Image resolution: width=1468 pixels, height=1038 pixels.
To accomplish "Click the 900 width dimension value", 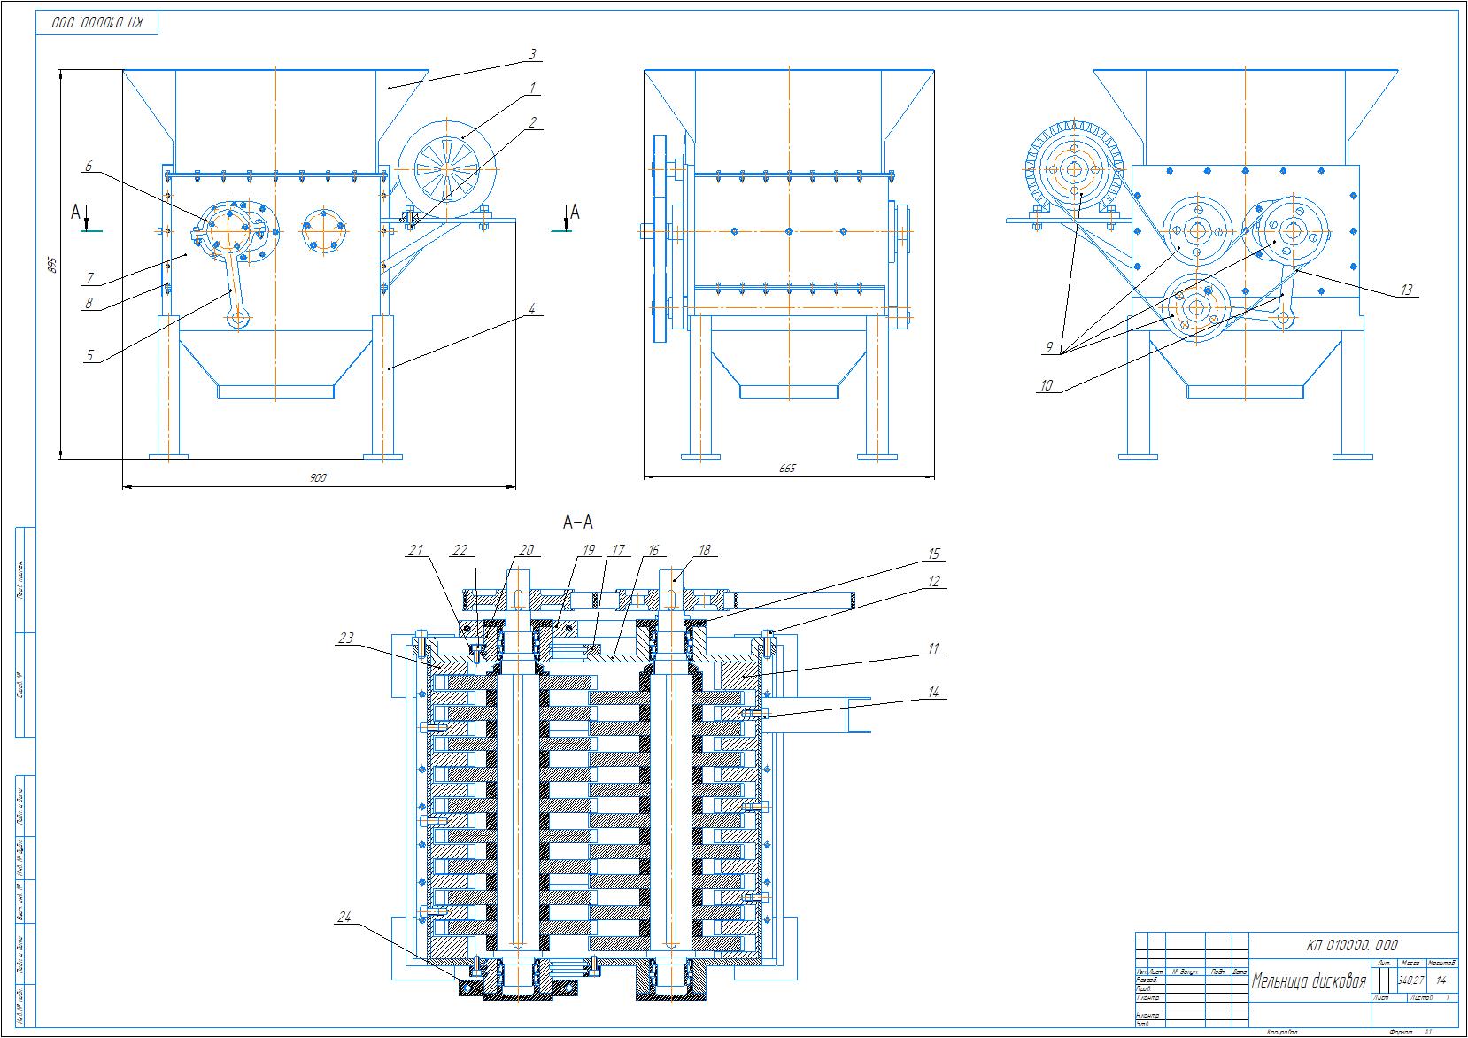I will point(318,478).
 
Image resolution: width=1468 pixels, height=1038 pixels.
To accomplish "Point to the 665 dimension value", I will point(787,469).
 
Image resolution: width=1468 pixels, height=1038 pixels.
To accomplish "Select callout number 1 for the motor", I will point(533,87).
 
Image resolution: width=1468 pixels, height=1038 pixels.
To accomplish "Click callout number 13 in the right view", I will point(1406,290).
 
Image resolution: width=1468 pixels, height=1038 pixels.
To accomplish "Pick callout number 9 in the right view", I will point(1050,347).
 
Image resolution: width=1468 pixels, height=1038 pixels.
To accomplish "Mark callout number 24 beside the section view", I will point(344,918).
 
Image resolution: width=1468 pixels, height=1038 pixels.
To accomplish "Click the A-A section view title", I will point(578,523).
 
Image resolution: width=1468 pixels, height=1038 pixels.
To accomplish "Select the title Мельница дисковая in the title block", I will point(1309,981).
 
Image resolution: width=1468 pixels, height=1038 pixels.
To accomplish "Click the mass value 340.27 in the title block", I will point(1410,980).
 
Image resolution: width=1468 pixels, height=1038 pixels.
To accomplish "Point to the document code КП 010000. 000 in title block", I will point(1352,945).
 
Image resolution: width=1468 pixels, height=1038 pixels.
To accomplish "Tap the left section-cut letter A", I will point(77,212).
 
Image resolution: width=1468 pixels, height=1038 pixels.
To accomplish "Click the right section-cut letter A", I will point(575,211).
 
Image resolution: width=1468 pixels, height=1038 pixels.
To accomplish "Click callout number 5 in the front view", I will point(89,356).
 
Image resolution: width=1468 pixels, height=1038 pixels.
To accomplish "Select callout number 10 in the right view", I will point(1047,385).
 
